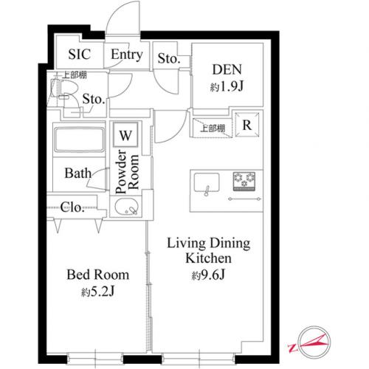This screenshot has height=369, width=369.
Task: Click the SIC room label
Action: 80,54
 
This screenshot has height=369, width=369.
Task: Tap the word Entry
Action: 127,55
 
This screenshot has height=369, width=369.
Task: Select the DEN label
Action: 227,69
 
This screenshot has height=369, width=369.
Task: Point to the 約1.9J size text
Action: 227,86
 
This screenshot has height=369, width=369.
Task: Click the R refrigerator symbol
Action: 247,125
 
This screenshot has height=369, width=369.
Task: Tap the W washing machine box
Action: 125,135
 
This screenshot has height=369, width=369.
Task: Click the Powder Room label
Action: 127,172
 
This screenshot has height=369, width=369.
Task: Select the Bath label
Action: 77,173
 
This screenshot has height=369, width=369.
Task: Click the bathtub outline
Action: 79,139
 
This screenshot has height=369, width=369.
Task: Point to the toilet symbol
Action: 64,91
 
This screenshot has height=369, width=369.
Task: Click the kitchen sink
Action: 207,182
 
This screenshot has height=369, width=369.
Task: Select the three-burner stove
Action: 244,182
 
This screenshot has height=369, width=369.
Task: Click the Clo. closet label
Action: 72,207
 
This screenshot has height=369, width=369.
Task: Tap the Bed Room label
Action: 97,275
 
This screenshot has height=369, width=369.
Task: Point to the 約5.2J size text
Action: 97,292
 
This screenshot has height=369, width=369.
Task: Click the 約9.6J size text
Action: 208,275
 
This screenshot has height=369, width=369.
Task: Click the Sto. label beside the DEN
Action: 169,58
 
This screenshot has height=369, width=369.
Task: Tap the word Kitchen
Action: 208,258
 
